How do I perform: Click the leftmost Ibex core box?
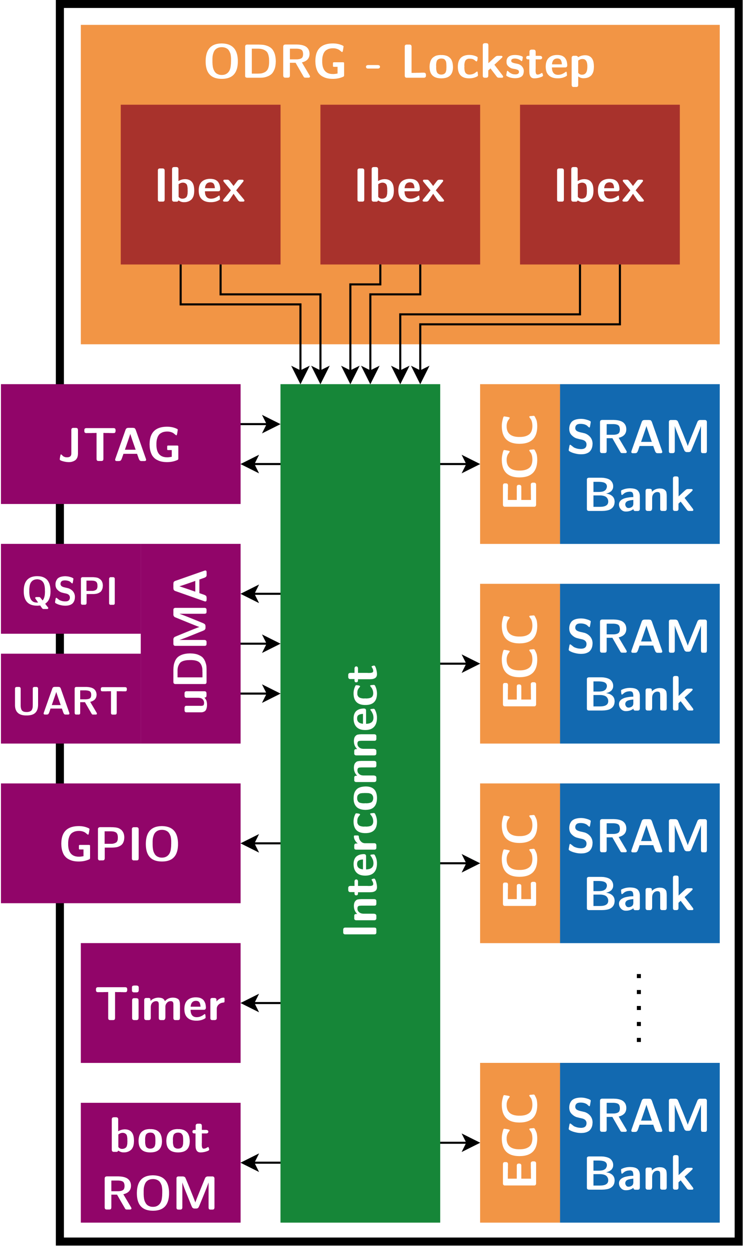point(200,185)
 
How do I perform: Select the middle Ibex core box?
point(400,185)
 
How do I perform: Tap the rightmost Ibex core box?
point(599,185)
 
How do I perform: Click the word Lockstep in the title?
point(499,63)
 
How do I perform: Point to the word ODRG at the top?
point(275,61)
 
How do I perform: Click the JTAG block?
point(120,444)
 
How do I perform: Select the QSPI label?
point(70,591)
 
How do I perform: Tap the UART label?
point(70,701)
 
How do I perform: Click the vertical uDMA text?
point(190,641)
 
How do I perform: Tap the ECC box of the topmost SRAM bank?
point(520,464)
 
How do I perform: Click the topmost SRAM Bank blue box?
point(639,464)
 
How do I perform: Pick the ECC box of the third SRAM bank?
point(520,863)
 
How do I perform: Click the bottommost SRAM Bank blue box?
point(639,1143)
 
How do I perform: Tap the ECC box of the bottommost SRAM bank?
point(520,1143)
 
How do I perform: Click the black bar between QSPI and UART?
point(70,644)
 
